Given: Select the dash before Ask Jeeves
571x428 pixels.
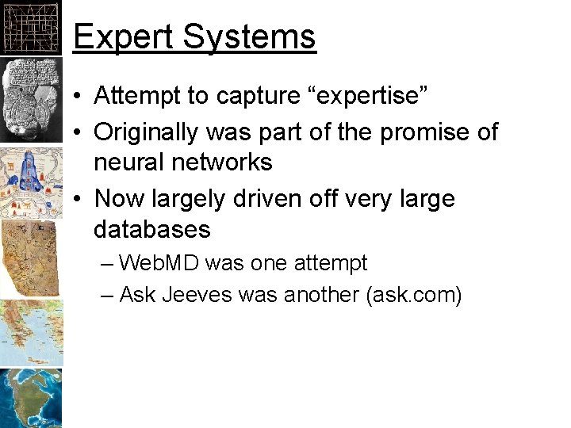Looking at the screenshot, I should click(108, 295).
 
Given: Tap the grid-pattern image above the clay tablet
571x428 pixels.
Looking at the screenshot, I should click(30, 25).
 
